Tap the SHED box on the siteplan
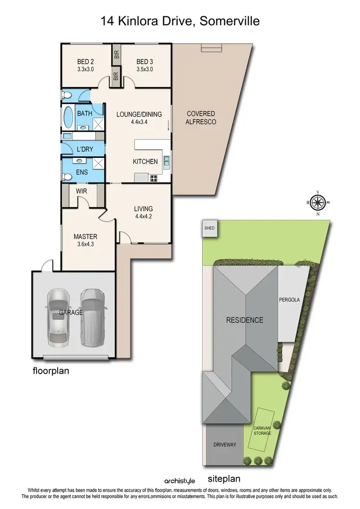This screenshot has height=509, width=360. [x=209, y=228]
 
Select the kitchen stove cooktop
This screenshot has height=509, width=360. [x=155, y=178]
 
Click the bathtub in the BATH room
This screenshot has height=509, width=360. [x=67, y=116]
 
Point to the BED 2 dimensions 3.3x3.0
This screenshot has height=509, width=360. [x=85, y=69]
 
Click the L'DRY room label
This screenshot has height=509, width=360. [x=84, y=149]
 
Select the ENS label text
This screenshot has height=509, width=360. [x=82, y=171]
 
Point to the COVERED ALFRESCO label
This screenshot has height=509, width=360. [x=201, y=118]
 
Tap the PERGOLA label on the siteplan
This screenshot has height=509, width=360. [x=289, y=300]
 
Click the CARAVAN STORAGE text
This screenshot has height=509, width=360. [x=263, y=430]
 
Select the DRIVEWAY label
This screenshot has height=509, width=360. [x=225, y=445]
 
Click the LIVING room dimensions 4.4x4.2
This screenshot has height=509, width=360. [x=144, y=216]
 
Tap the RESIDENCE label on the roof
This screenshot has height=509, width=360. [x=245, y=320]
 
